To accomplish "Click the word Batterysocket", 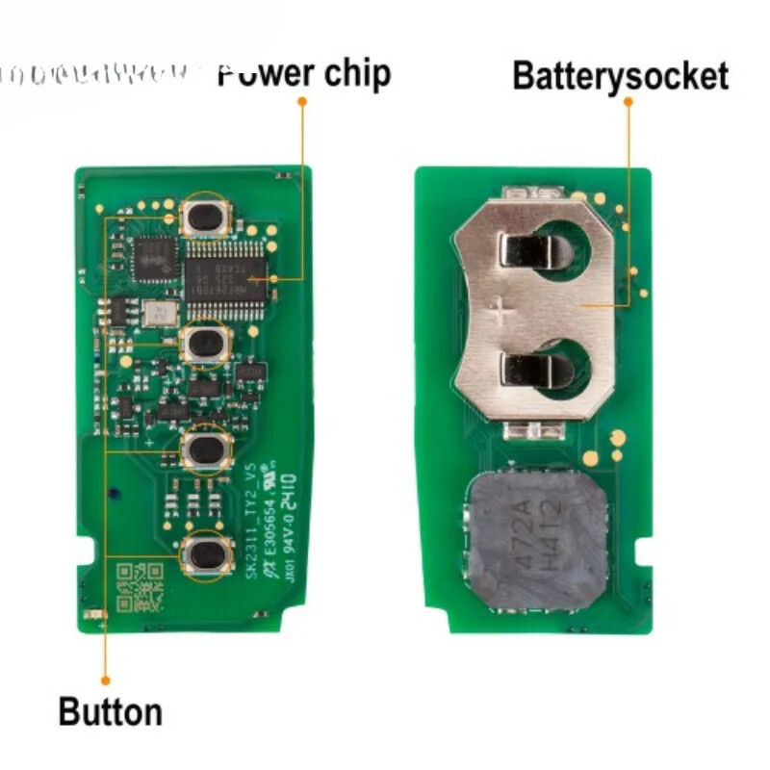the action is click(620, 75).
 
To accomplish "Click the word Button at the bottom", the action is click(110, 713).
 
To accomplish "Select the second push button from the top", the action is click(205, 343).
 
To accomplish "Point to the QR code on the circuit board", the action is click(139, 588).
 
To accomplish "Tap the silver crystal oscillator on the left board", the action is click(159, 313).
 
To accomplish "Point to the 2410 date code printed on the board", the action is click(289, 491).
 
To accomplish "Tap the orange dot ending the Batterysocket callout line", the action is click(629, 100).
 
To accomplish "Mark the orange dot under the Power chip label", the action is click(302, 100).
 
